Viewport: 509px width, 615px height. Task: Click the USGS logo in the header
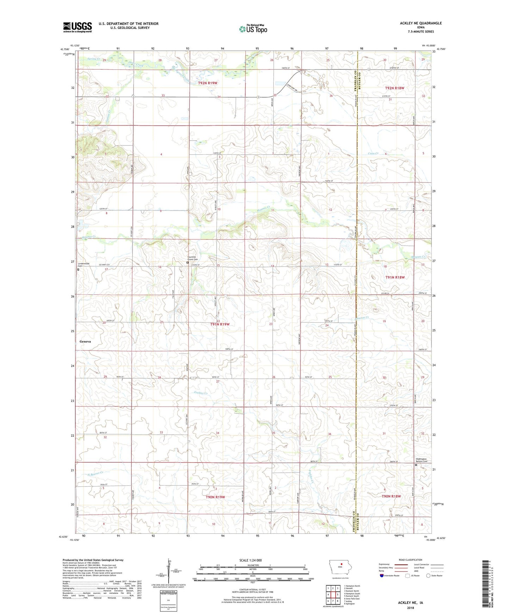point(77,27)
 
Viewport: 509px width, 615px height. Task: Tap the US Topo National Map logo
point(253,29)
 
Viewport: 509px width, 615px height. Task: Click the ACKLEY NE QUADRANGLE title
point(421,23)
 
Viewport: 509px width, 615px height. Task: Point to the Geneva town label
point(85,342)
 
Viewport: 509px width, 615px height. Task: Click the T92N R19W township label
point(207,83)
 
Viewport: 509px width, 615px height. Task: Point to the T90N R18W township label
point(391,496)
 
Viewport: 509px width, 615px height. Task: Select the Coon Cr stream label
point(373,154)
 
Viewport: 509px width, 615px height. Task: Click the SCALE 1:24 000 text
point(250,560)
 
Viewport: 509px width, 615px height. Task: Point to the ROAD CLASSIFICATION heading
point(410,560)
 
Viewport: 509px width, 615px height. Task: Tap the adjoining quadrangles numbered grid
point(333,595)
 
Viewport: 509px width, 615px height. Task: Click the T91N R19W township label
point(220,324)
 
